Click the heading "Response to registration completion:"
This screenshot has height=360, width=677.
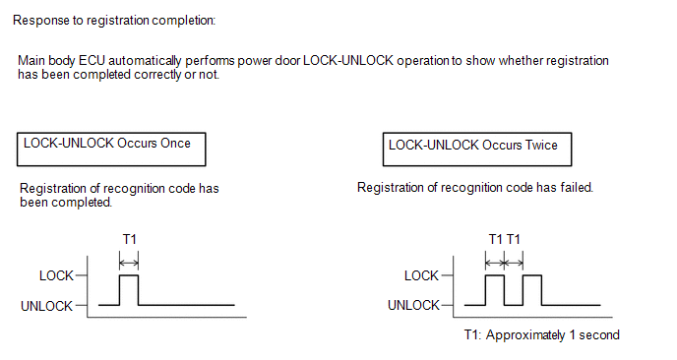coord(114,21)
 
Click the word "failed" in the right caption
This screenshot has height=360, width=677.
coord(577,187)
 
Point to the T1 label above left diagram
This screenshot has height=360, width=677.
coord(130,239)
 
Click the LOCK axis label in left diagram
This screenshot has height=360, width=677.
coord(56,275)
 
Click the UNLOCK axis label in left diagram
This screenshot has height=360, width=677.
coord(46,306)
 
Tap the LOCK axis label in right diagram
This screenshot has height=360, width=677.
coord(421,275)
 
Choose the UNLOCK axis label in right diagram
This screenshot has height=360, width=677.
coord(413,305)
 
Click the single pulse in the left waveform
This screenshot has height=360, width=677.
coord(129,275)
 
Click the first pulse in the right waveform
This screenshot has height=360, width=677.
coord(495,275)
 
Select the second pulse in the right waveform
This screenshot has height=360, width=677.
coord(532,275)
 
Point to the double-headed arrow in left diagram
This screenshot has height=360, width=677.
coord(129,263)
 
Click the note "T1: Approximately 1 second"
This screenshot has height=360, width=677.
coord(542,335)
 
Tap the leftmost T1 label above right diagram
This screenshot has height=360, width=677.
coord(496,239)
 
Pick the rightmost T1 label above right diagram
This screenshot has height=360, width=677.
coord(514,239)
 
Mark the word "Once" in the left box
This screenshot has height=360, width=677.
coord(175,144)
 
